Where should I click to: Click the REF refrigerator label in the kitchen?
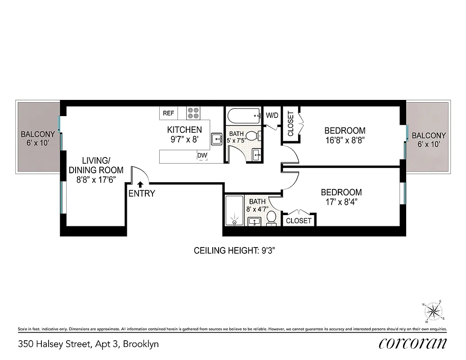click(x=168, y=113)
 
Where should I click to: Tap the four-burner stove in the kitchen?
click(x=193, y=113)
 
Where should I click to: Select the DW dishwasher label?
click(x=202, y=156)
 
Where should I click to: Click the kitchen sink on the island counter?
click(x=216, y=139)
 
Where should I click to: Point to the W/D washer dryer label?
click(x=272, y=115)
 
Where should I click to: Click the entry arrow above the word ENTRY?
click(x=140, y=184)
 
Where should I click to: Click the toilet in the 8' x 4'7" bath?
click(x=271, y=218)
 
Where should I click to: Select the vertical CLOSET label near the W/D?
click(x=290, y=124)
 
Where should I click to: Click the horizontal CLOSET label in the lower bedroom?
click(x=299, y=220)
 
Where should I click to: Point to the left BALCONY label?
click(x=38, y=134)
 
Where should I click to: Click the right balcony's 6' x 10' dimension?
click(x=429, y=144)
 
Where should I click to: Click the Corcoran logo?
click(x=413, y=343)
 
